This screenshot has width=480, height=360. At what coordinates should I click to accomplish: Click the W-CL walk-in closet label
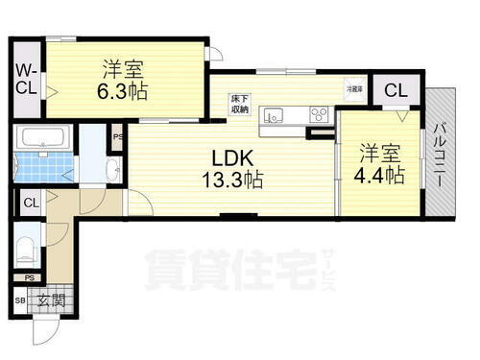tap(27, 77)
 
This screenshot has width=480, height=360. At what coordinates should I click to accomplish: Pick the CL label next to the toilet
tap(31, 203)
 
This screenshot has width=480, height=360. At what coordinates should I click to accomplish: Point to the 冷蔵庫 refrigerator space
tap(355, 88)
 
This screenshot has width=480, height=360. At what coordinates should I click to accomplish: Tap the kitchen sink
tap(274, 116)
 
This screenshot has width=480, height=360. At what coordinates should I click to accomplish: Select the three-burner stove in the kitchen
tap(319, 115)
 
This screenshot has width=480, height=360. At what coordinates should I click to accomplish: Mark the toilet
tap(27, 252)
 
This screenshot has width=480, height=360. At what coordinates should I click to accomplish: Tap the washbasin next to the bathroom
tap(111, 171)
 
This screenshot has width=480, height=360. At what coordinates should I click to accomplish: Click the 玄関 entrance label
tap(51, 300)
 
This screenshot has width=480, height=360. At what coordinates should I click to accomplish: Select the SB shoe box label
tap(20, 301)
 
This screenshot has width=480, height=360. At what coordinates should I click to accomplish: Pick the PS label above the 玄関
tap(31, 279)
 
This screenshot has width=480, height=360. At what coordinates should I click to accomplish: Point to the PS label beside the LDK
tap(117, 136)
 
